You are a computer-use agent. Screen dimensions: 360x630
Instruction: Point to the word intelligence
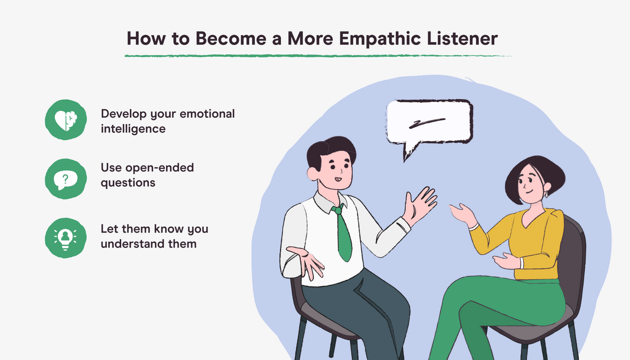coord(133,128)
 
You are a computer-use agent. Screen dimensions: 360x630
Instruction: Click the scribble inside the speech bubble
coord(428,123)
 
